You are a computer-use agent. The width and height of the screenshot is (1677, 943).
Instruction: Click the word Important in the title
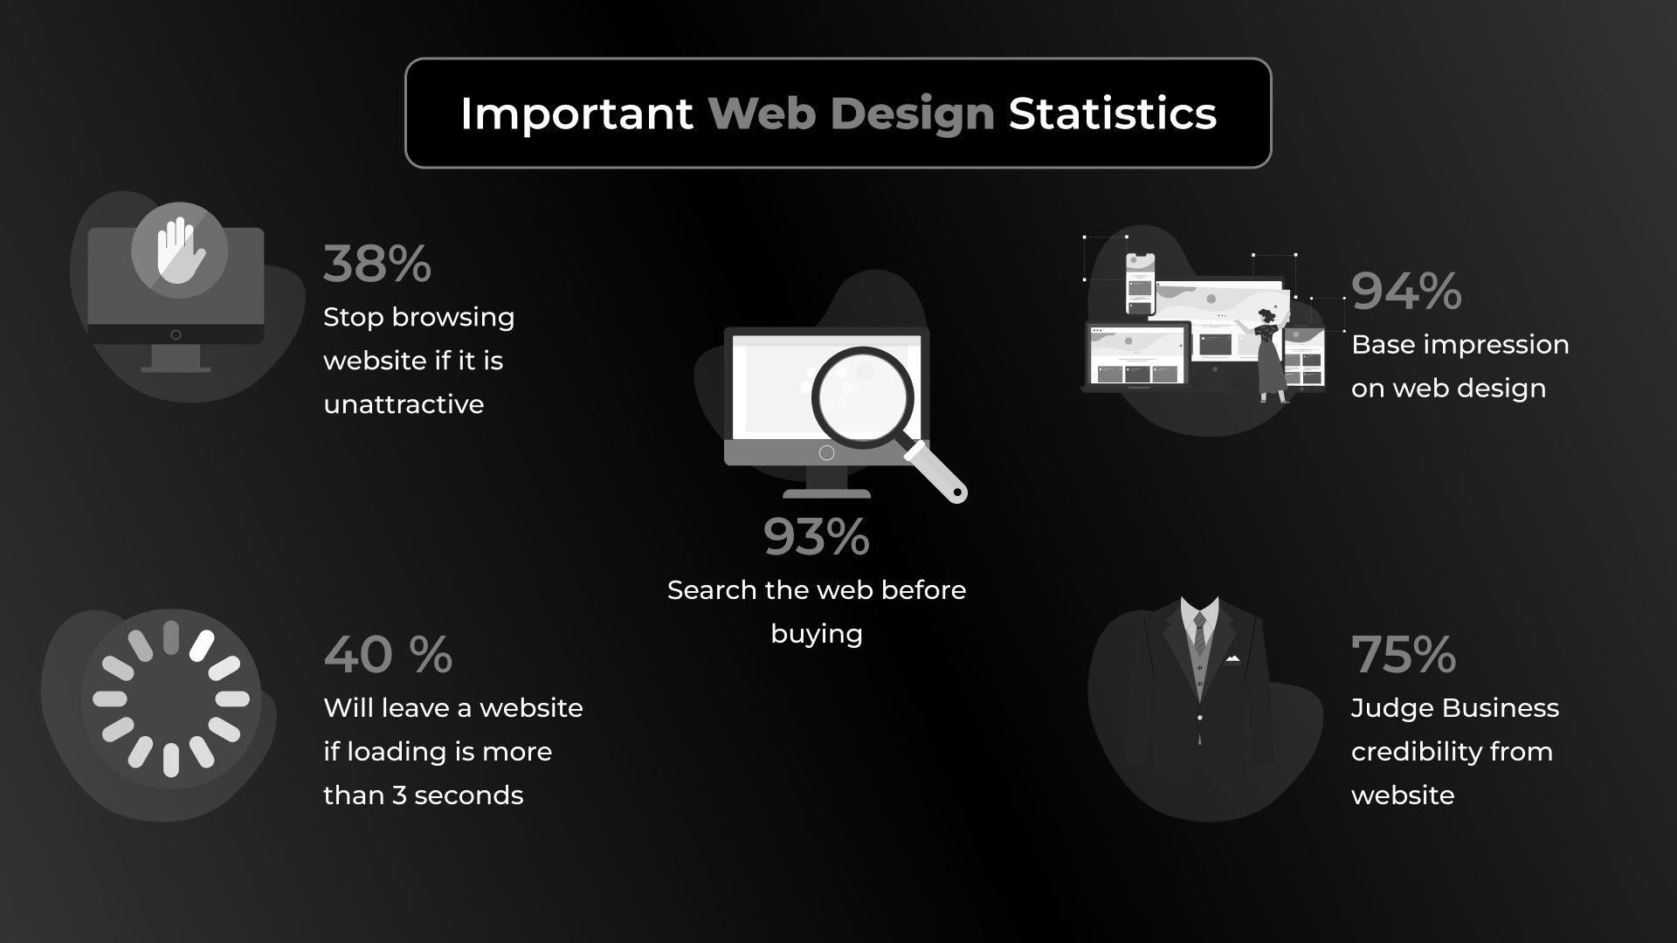[x=576, y=114]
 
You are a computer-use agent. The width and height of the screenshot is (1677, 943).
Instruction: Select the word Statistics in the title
[x=1113, y=114]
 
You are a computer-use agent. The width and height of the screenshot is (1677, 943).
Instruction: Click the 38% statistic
[x=377, y=263]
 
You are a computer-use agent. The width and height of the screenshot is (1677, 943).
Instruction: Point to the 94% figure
[x=1406, y=291]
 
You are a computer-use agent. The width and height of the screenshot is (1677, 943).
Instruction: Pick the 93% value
[x=817, y=536]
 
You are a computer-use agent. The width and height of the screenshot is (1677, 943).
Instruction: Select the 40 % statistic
[x=388, y=655]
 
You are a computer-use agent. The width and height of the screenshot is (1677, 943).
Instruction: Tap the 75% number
[x=1404, y=655]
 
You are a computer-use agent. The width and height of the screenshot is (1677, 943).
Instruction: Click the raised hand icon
[x=180, y=250]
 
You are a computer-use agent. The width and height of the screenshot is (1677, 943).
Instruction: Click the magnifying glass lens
[x=863, y=397]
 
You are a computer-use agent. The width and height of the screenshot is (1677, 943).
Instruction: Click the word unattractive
[x=404, y=404]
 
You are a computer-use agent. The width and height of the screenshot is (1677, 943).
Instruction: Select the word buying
[x=817, y=635]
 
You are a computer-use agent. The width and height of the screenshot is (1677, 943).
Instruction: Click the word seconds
[x=468, y=795]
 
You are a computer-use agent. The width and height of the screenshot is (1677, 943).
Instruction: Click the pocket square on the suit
[x=1232, y=658]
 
